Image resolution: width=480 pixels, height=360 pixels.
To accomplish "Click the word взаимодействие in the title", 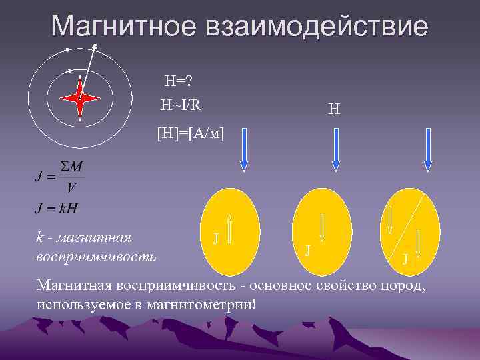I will tap(319, 27).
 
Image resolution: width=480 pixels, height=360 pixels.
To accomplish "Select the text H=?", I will tap(179, 81).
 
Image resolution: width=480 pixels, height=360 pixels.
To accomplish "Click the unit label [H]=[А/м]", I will tap(191, 133).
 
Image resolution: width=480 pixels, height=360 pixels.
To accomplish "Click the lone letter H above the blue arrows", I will tap(335, 108).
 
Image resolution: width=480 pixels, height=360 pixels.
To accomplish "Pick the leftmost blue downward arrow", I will tap(243, 149).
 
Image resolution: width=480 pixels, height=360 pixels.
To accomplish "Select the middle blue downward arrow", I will tap(335, 149).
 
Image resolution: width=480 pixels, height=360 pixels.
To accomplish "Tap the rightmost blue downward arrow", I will tap(428, 149).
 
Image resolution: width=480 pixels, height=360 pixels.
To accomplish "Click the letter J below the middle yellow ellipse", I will tap(307, 250).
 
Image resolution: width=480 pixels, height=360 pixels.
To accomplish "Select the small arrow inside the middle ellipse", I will tap(322, 227).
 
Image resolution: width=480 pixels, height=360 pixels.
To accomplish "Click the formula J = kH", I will tap(56, 207).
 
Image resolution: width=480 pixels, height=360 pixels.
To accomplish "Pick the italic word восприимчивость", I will tap(97, 256).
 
